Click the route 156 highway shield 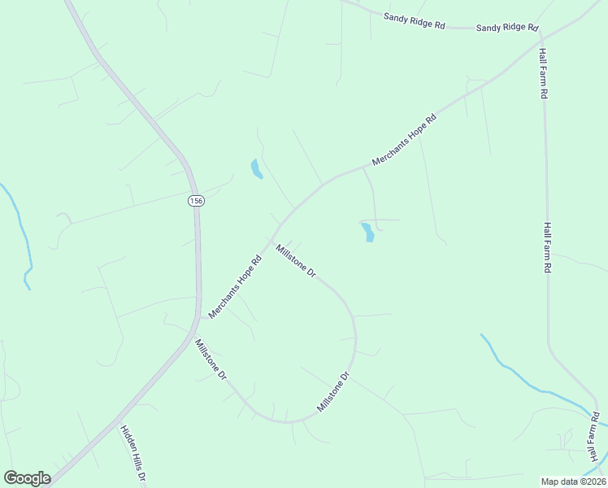coord(195,200)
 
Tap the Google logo coord(27,478)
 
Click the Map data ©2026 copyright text coord(573,481)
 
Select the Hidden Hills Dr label coord(132,455)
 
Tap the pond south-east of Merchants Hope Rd coord(367,232)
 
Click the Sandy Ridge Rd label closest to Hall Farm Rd coord(507,28)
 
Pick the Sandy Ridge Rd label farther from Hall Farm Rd coord(415,20)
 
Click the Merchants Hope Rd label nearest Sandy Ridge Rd coord(410,140)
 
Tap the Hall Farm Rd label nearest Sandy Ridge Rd coord(543,73)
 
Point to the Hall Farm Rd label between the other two coord(549,247)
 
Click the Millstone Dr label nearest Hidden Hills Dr coord(210,361)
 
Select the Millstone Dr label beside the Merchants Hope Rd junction coord(295,261)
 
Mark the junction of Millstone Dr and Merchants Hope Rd coord(276,229)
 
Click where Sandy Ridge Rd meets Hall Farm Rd coord(541,33)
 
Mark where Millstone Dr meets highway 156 coord(193,338)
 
